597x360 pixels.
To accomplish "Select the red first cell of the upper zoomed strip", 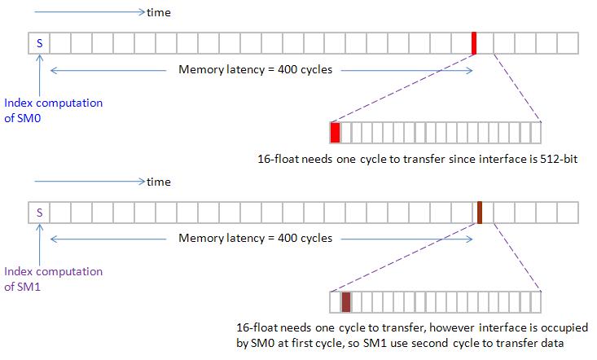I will [335, 132].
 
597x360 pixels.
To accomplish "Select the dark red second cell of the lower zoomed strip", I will [346, 301].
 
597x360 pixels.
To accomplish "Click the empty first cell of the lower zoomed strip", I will [335, 301].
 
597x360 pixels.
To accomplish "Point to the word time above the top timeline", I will [158, 13].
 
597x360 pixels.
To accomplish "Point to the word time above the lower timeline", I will [158, 182].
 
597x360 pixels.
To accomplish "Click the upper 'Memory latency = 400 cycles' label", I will [255, 70].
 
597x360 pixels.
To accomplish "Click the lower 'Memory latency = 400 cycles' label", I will [255, 239].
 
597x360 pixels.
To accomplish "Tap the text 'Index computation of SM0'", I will [54, 110].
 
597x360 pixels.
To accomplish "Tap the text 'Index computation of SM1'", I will [54, 279].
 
